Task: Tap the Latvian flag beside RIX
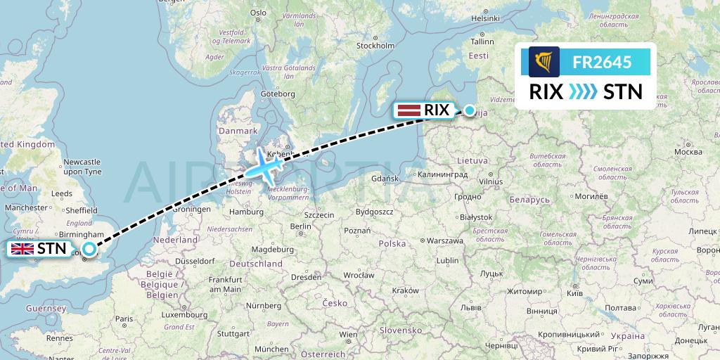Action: [x=409, y=110]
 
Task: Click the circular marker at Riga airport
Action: [x=470, y=110]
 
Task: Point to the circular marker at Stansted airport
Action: [x=89, y=248]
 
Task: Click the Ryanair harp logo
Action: [x=544, y=62]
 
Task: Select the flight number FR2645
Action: [x=602, y=62]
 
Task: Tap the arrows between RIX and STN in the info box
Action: [x=581, y=91]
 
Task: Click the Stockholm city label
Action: [x=375, y=46]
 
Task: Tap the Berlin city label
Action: [x=300, y=226]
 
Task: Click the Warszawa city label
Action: [x=445, y=241]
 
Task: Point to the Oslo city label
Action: [x=258, y=13]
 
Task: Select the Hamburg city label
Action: [x=246, y=211]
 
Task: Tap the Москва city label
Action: [x=688, y=152]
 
